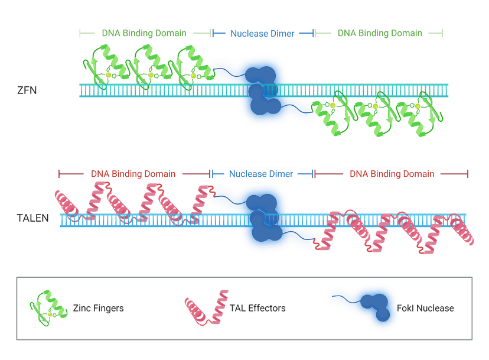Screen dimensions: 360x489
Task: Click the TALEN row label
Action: coord(32,218)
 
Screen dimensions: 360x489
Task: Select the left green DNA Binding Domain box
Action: coord(144,33)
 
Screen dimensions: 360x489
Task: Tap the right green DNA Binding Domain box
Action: coord(380,33)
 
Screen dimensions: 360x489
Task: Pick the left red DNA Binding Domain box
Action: coord(133,174)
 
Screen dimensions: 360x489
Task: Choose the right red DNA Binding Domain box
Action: coord(392,174)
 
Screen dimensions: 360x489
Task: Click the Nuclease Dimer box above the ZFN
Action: coord(262,34)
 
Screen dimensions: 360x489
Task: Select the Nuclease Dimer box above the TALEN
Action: coord(261,174)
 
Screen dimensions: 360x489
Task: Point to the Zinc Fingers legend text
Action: coord(98,308)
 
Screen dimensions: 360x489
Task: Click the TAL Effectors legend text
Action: coord(257,308)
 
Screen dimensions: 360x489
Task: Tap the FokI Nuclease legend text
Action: coord(425,308)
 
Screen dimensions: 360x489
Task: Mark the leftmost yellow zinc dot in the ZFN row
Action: coord(108,75)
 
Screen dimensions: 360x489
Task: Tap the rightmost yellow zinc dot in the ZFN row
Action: coord(418,106)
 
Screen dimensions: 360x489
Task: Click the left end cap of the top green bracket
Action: coord(80,33)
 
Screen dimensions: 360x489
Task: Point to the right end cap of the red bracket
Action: coord(468,174)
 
